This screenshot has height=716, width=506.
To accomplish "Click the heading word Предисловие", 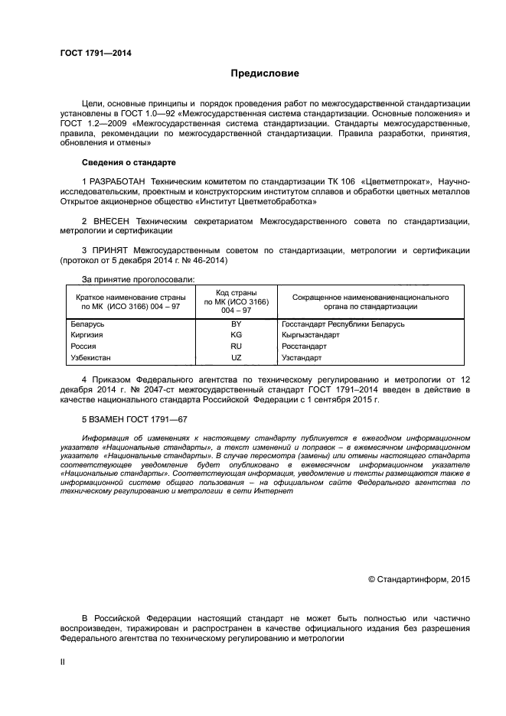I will (265, 73).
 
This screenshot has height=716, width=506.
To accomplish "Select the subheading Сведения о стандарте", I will (129, 162).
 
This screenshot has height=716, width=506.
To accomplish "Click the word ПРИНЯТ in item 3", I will (109, 250).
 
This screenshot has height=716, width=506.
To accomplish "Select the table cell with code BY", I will (236, 324).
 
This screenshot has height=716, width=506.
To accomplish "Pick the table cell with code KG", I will (236, 335).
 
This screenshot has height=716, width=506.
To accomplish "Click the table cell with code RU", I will (236, 347).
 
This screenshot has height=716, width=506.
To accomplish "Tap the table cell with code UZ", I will (236, 357).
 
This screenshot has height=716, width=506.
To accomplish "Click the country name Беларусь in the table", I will (87, 324).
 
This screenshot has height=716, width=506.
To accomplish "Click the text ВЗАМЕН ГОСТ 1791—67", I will (134, 418).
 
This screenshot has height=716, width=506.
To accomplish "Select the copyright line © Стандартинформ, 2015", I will (419, 579).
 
